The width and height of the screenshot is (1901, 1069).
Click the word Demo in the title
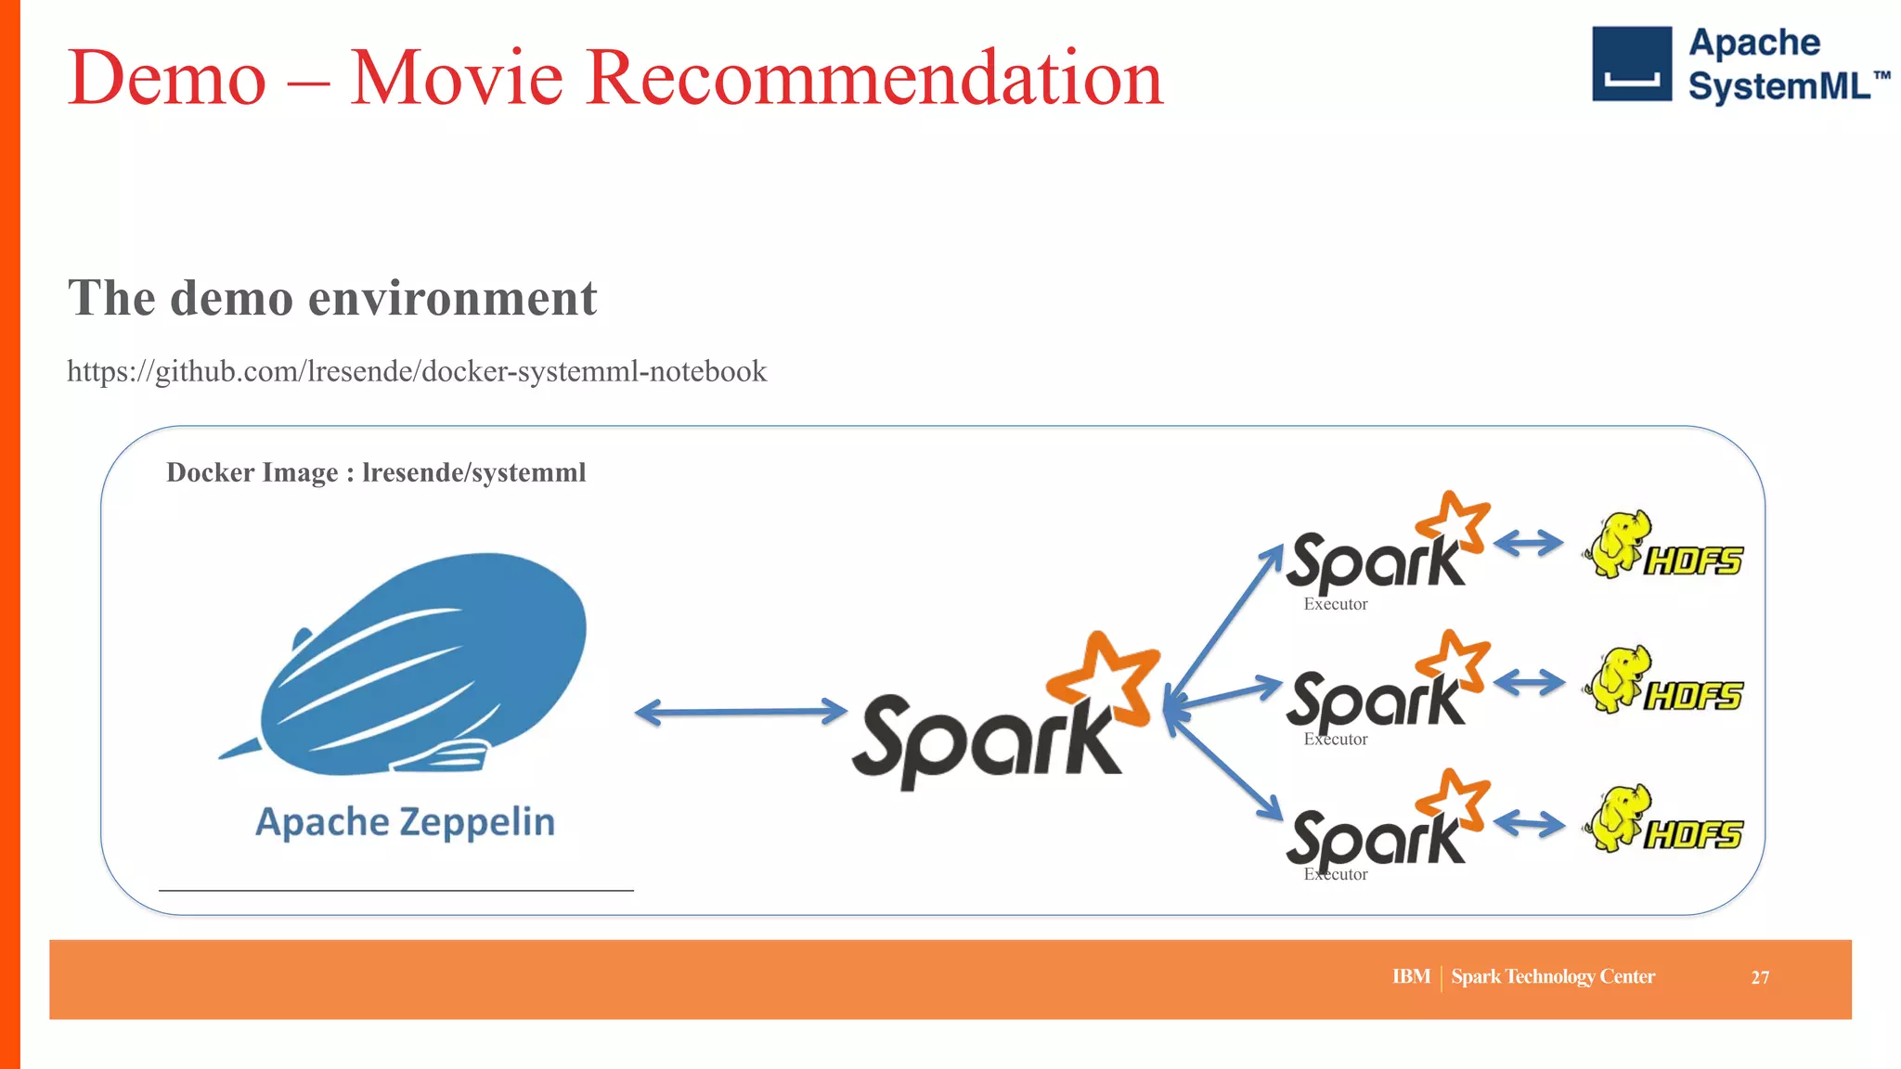click(x=167, y=78)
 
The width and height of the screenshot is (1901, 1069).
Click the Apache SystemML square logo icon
click(x=1631, y=63)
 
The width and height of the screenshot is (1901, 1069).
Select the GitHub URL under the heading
click(x=417, y=371)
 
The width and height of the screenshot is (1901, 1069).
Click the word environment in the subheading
click(x=452, y=298)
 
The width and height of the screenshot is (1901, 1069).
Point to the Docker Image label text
click(x=376, y=472)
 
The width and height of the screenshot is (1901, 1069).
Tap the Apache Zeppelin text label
click(x=405, y=822)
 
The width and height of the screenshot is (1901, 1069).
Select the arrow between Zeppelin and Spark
click(x=741, y=713)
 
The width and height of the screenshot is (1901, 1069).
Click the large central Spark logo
click(x=1002, y=719)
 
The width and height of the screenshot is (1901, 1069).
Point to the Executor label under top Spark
click(x=1336, y=604)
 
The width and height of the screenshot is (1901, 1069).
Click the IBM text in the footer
click(x=1411, y=976)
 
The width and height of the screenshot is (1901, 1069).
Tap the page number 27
click(x=1760, y=977)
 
